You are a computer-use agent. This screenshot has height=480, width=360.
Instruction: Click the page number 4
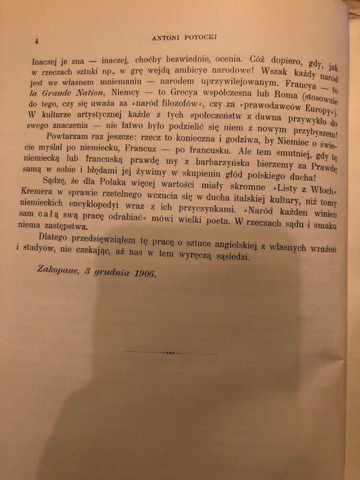coord(36,41)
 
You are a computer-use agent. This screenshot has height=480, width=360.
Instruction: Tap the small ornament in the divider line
coord(169,353)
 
